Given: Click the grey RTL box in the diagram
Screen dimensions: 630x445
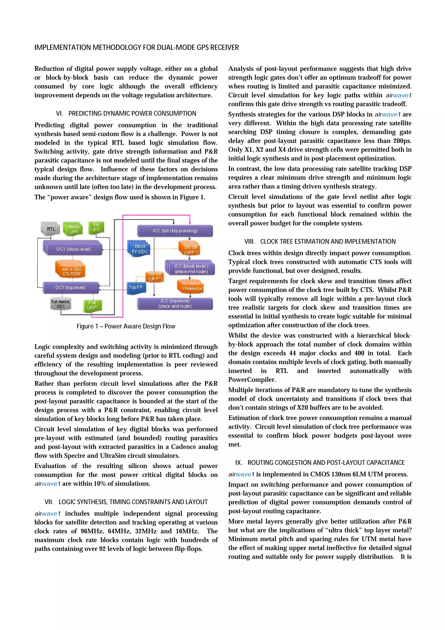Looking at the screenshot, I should click(x=51, y=229).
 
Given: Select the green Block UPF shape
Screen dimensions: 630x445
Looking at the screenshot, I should click(x=73, y=229).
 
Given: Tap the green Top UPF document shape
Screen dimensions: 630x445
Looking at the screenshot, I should click(x=95, y=227).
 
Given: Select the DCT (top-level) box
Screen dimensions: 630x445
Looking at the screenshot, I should click(x=70, y=288).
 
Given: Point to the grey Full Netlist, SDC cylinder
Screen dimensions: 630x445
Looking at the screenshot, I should click(x=61, y=304).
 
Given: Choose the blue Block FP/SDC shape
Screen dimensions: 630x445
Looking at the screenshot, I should click(x=140, y=249).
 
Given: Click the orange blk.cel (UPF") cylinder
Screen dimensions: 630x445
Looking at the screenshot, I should click(x=191, y=249).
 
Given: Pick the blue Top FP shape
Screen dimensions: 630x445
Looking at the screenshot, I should click(x=136, y=287).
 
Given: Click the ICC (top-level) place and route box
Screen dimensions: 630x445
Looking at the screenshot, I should click(x=175, y=303).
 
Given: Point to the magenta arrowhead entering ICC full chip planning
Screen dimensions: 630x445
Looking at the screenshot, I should click(x=190, y=223).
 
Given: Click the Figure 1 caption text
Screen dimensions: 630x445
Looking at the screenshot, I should click(x=126, y=326).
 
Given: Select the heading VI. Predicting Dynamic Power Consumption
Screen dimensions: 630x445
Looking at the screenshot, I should click(x=126, y=114).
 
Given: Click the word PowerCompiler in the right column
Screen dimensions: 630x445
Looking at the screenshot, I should click(x=252, y=380).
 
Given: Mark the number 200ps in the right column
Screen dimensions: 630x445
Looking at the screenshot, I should click(x=402, y=141).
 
